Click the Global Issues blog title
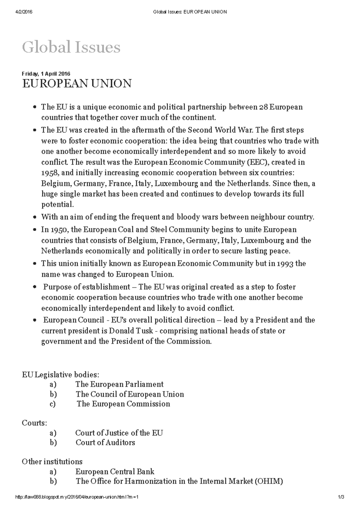(x=71, y=47)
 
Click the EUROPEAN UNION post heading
(x=77, y=83)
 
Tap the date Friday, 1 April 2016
(x=46, y=74)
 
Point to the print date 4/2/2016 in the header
(x=24, y=12)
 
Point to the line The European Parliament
(x=119, y=384)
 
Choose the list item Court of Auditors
(x=105, y=442)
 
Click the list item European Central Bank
(x=115, y=472)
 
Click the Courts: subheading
(x=34, y=423)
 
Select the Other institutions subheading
(x=52, y=461)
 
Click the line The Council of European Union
(x=130, y=394)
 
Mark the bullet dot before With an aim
(x=35, y=217)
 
